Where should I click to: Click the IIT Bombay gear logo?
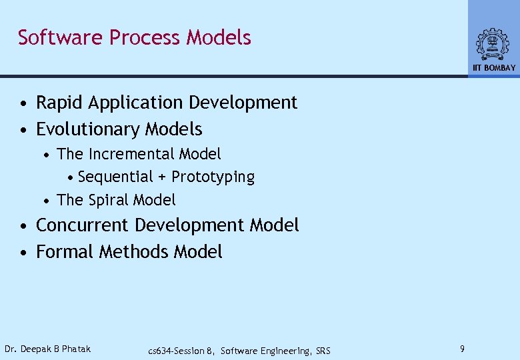tap(493, 45)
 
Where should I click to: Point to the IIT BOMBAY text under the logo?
tap(494, 68)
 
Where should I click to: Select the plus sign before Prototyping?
tap(163, 177)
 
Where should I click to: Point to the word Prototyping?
tap(213, 177)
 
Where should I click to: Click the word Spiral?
tap(109, 200)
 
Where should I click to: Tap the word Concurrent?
tap(83, 225)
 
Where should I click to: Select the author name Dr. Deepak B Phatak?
tap(47, 349)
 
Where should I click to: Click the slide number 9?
tap(463, 349)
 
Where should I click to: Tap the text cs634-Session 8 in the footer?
tap(181, 351)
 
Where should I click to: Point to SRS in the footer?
tap(323, 351)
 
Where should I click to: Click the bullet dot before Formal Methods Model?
tap(24, 253)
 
